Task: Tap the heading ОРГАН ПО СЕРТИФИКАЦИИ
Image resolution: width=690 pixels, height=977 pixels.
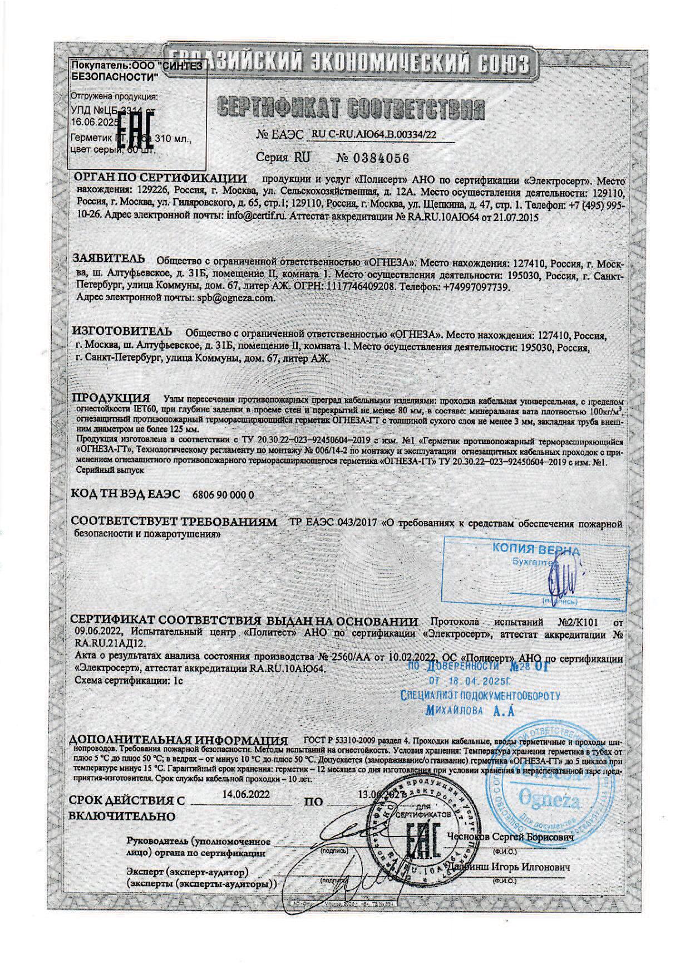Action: click(x=161, y=179)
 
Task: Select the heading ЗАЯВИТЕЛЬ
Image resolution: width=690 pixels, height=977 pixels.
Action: click(x=110, y=259)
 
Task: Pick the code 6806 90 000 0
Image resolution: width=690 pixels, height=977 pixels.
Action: click(x=223, y=495)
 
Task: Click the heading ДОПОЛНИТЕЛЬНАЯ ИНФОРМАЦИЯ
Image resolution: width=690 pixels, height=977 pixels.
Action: click(x=178, y=741)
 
